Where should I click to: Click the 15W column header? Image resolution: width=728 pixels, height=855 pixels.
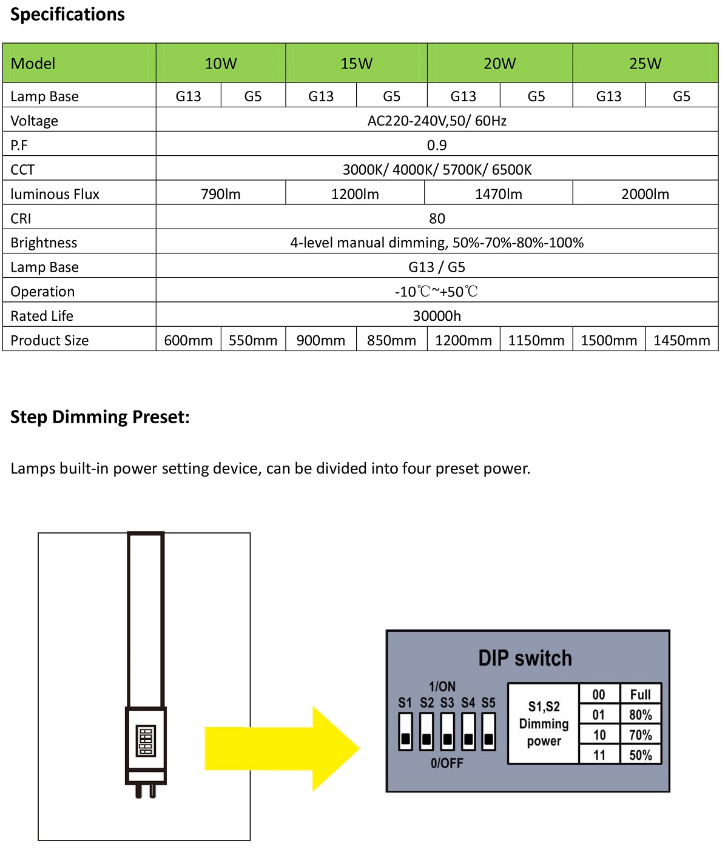356,64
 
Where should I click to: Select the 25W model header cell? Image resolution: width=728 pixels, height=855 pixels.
645,64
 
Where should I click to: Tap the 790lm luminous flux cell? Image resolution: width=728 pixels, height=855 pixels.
221,194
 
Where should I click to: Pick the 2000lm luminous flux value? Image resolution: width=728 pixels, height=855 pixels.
645,194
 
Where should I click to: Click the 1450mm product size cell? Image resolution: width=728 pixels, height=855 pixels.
681,340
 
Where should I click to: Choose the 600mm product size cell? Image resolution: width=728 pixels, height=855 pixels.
188,340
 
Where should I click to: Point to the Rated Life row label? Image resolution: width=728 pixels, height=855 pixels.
42,316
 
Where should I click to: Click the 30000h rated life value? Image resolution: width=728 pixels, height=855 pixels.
437,316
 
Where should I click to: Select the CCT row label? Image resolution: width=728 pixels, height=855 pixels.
22,170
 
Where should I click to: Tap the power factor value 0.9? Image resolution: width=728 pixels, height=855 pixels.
437,146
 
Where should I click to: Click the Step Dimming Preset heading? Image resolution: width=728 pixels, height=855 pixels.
100,417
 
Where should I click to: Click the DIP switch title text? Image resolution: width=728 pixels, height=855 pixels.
525,659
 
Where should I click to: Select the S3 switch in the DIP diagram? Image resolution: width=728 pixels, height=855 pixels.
447,732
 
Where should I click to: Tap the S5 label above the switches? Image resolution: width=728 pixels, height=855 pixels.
488,703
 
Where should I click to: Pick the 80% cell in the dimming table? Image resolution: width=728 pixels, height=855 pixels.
640,715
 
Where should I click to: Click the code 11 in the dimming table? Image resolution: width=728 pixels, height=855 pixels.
599,755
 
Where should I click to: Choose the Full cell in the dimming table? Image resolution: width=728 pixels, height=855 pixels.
640,695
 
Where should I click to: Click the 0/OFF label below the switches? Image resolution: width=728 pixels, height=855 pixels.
447,763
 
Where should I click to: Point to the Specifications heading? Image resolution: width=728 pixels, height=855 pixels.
67,15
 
